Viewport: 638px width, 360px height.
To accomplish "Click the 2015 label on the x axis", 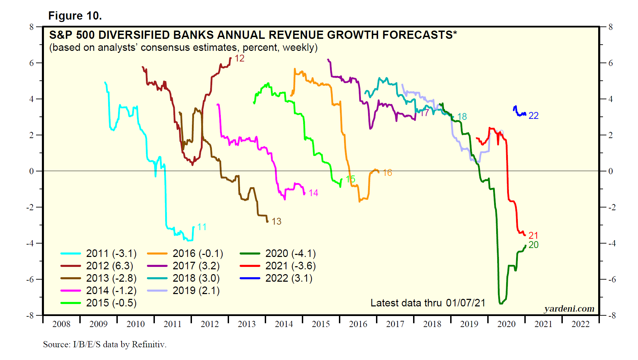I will point(321,324).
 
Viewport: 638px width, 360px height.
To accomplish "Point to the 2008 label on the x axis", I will point(61,324).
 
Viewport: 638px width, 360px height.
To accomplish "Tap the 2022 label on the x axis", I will point(580,324).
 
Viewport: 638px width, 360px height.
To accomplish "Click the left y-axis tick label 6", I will point(32,63).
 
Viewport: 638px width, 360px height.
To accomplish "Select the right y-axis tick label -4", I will point(612,243).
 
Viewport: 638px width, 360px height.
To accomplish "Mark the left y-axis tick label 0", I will point(32,171).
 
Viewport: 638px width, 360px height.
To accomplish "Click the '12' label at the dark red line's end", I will point(239,58).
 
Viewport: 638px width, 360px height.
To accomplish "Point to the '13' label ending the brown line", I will point(276,222).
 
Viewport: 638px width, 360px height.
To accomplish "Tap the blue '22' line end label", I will point(533,116).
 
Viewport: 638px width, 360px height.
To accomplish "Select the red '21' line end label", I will point(533,236).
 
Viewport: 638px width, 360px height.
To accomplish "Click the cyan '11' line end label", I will point(202,227).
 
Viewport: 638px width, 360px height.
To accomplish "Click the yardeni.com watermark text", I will point(569,309).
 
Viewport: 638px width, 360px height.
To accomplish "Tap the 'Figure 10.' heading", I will point(75,16).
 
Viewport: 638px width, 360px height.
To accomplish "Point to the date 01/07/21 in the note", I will point(466,303).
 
